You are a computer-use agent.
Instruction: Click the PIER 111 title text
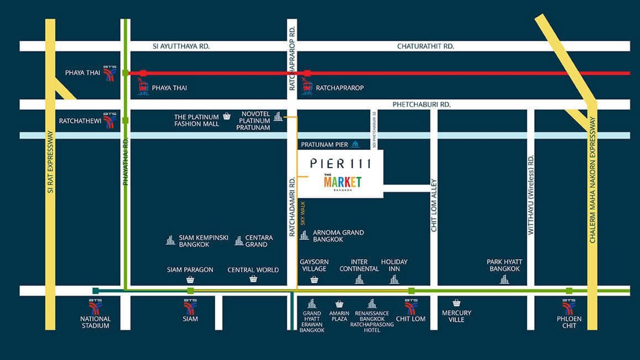pyautogui.click(x=340, y=163)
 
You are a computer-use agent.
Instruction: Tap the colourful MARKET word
pyautogui.click(x=342, y=181)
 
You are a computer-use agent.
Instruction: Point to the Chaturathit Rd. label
pyautogui.click(x=426, y=46)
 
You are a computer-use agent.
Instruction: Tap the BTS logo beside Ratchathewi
pyautogui.click(x=110, y=121)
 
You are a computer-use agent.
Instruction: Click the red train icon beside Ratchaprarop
pyautogui.click(x=307, y=87)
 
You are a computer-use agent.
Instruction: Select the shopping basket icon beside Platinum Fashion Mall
pyautogui.click(x=227, y=116)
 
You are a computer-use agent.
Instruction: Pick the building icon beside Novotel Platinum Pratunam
pyautogui.click(x=278, y=116)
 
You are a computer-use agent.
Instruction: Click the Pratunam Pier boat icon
pyautogui.click(x=356, y=145)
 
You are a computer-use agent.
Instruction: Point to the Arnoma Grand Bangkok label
pyautogui.click(x=338, y=236)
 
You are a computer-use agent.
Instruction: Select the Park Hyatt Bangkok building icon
pyautogui.click(x=504, y=279)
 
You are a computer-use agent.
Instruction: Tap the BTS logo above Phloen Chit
pyautogui.click(x=569, y=307)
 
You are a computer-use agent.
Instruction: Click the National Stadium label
pyautogui.click(x=95, y=322)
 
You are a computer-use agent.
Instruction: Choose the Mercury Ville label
pyautogui.click(x=457, y=316)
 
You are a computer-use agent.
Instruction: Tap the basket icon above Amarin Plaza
pyautogui.click(x=339, y=304)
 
